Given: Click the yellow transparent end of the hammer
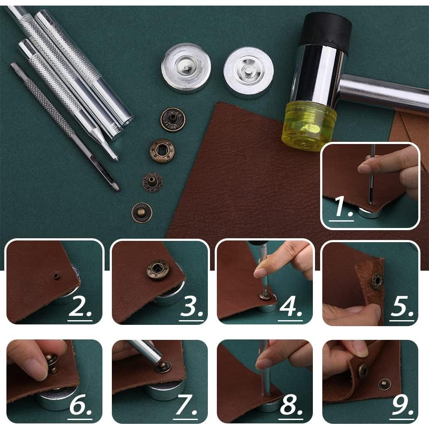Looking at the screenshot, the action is [x=309, y=126].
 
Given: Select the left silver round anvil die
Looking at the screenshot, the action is [x=186, y=68].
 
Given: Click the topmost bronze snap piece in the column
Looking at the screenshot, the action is [x=173, y=120].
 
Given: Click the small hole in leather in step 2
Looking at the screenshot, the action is [x=56, y=275].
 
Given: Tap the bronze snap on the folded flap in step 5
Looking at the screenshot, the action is [x=377, y=280].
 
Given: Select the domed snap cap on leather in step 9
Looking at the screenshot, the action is [x=384, y=384].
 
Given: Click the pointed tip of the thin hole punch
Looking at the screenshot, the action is [x=118, y=189].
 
